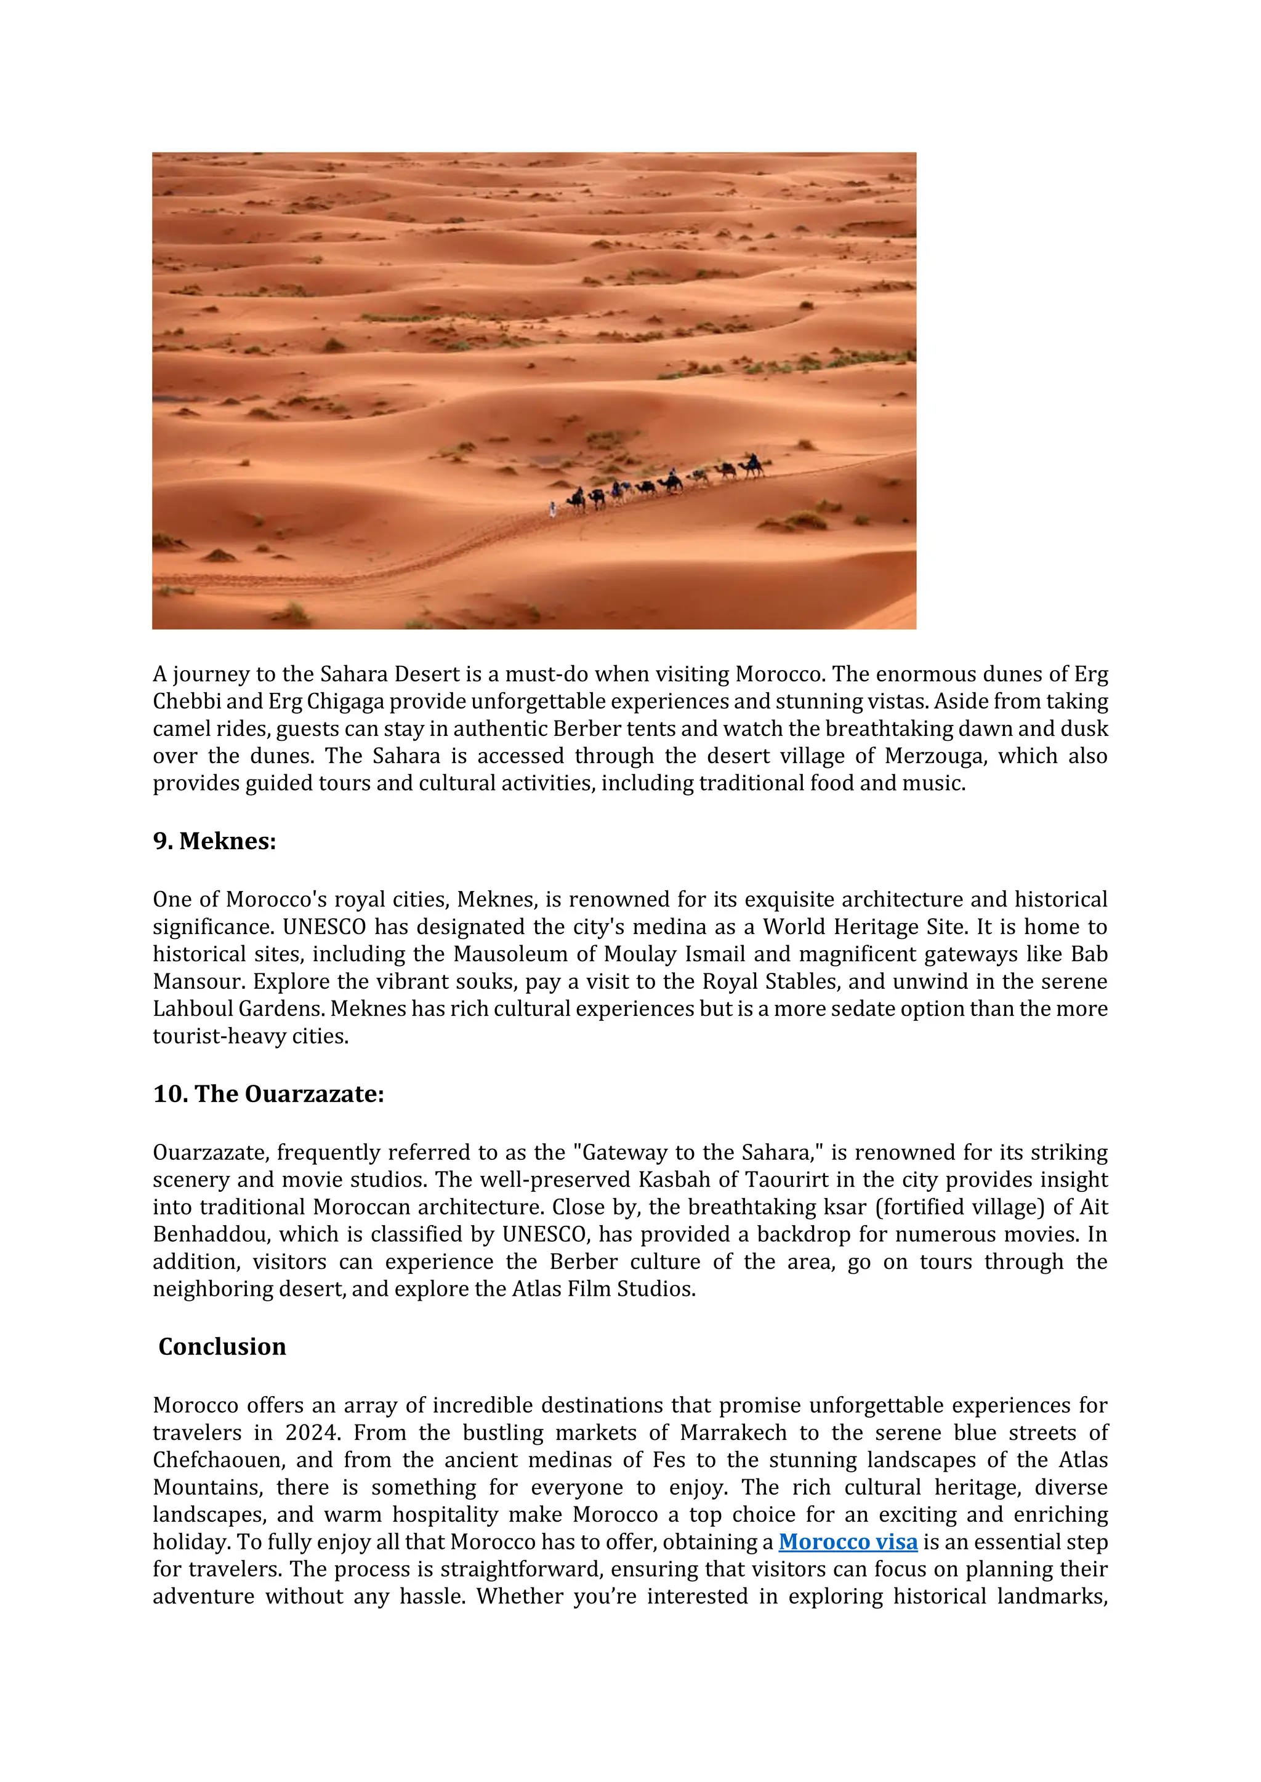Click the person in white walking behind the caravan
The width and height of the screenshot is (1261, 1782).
point(553,509)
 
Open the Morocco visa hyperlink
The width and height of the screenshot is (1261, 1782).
point(848,1542)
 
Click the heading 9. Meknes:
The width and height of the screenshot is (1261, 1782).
point(214,841)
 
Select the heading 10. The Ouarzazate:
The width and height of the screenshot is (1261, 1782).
point(268,1094)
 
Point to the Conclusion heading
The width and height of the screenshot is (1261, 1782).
point(222,1346)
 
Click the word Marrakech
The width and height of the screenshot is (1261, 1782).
point(733,1432)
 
